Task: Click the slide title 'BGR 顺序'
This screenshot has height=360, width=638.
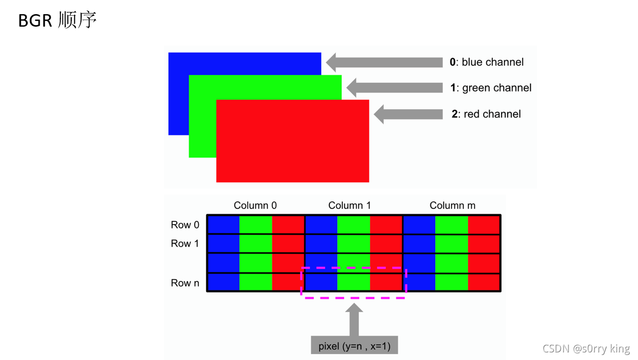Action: coord(57,21)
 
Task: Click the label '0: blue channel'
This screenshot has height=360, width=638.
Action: coord(486,62)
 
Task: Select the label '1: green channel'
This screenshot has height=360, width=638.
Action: coord(490,88)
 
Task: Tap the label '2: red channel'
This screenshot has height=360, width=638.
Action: coord(486,114)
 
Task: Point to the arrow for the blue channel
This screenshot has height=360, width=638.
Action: coord(384,62)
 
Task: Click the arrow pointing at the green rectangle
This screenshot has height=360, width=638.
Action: coord(395,88)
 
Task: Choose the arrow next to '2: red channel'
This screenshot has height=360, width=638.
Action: coord(408,114)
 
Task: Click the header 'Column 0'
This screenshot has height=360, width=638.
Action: coord(255,205)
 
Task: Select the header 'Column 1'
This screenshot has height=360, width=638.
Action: coord(349,205)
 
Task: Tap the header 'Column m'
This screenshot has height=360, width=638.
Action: coord(452,205)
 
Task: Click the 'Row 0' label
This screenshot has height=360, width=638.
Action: coord(185,225)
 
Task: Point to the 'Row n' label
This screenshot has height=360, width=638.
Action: coord(185,283)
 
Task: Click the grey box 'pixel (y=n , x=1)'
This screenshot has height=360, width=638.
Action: coord(354,346)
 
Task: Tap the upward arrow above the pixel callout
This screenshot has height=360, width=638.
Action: coord(354,321)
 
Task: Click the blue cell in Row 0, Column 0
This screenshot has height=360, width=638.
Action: coord(223,224)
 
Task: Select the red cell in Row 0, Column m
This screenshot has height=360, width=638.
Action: coord(484,224)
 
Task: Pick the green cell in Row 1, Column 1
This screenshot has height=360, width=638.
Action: coord(353,243)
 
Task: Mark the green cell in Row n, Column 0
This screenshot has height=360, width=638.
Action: coord(255,282)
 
